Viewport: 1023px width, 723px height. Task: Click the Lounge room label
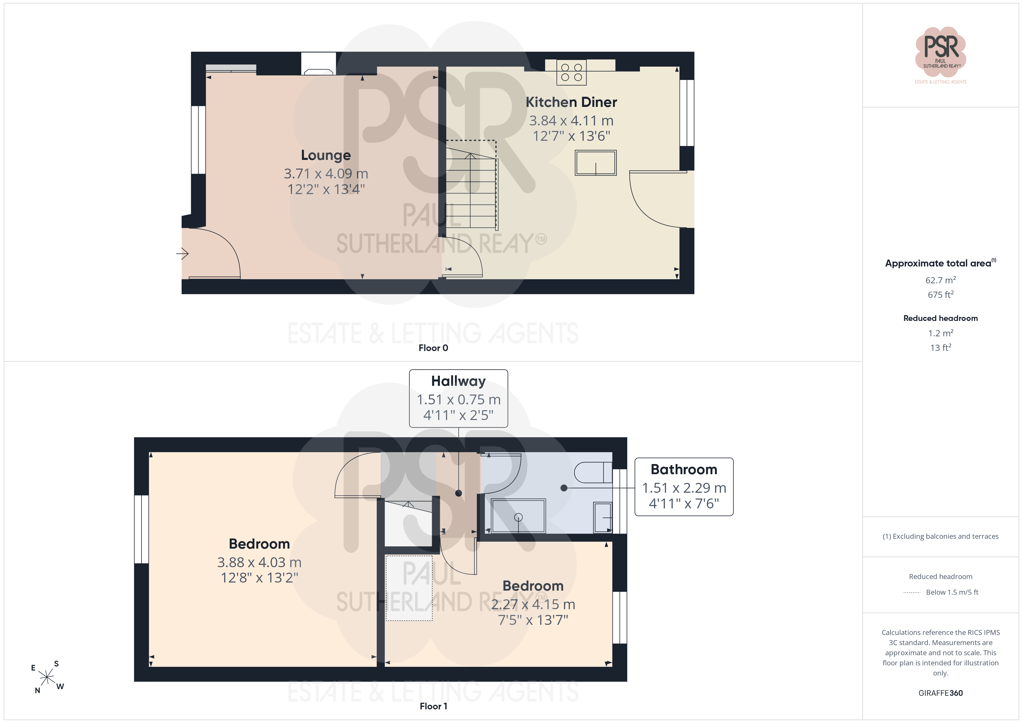click(326, 155)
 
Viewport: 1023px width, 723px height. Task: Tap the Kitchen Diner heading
click(571, 102)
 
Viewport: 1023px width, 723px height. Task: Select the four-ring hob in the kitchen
click(572, 73)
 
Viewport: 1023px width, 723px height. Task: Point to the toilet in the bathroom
click(593, 472)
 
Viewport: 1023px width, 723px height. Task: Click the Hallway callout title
click(458, 381)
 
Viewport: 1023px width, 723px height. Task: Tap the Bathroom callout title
click(684, 469)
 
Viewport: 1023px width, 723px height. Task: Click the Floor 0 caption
click(433, 348)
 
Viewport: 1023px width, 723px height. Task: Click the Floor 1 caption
click(433, 706)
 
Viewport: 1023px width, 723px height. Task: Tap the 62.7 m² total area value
click(941, 280)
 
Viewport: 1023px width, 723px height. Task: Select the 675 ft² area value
click(941, 294)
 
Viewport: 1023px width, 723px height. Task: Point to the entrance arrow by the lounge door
click(182, 254)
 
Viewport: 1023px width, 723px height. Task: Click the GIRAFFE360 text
click(941, 693)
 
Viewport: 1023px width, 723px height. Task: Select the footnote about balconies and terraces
click(941, 536)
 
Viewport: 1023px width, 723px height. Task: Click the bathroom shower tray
click(518, 516)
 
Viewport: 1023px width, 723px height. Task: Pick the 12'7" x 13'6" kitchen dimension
click(572, 136)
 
